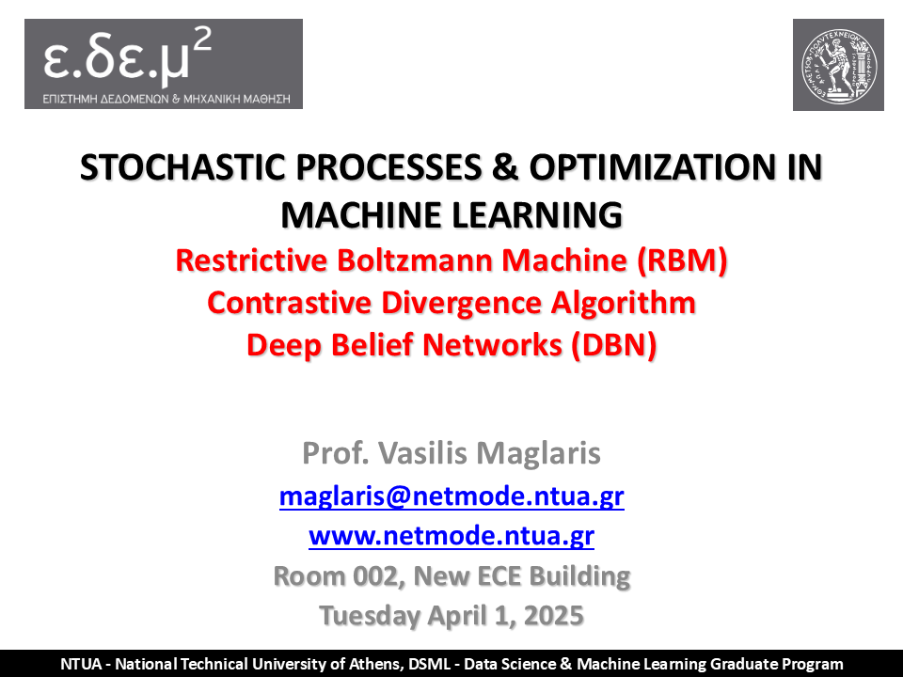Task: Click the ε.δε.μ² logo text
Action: pos(127,55)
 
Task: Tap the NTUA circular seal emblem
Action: pos(838,65)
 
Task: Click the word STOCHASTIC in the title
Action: pos(182,167)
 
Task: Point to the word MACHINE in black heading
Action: pos(361,215)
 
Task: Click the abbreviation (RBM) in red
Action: pos(683,260)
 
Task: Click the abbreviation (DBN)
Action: pos(614,345)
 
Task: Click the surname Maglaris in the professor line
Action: pos(538,453)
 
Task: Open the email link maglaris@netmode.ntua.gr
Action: pos(451,496)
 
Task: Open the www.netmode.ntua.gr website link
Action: pos(451,536)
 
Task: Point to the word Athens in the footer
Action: pos(378,664)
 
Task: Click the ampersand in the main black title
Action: pos(506,167)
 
